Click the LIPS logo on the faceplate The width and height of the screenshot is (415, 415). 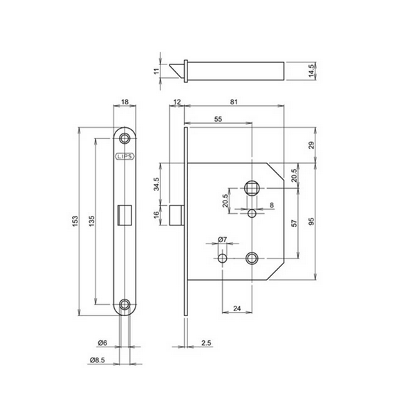coord(124,156)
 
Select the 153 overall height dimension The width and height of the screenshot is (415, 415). coord(75,221)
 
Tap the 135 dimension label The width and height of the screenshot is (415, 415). coord(91,221)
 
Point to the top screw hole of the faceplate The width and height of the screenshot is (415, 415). coord(124,138)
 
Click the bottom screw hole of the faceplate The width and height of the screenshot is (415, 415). coord(124,304)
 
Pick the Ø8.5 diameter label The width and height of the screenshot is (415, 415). coord(98,360)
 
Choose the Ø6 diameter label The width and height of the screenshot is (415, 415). coord(102,343)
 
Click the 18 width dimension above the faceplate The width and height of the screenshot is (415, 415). coord(125,102)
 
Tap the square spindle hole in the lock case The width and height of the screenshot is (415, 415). coord(252,188)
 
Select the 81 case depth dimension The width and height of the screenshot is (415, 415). coord(234,102)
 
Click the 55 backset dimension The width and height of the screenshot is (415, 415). coord(218,119)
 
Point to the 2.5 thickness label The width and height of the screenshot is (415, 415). coord(206,343)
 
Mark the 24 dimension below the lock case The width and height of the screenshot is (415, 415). coord(237,308)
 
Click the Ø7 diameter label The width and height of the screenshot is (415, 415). coord(222,239)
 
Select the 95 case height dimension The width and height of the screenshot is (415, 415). coord(311,221)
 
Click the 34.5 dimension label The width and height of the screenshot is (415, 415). coord(157,184)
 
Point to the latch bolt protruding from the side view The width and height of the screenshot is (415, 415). coord(176,214)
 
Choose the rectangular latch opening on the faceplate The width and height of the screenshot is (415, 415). coord(124,214)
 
